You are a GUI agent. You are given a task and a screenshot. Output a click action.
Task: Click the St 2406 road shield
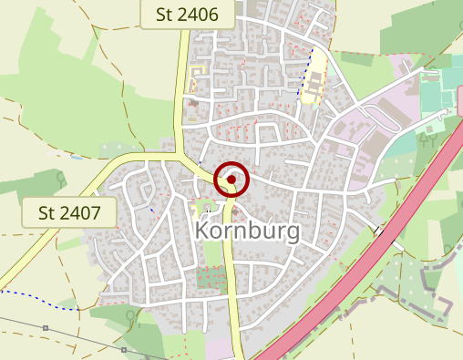(x=188, y=14)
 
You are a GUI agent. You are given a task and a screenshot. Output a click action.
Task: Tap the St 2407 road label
(x=70, y=213)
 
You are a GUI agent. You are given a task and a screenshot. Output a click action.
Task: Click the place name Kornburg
(x=247, y=231)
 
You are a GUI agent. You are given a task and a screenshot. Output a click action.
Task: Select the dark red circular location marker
(x=231, y=180)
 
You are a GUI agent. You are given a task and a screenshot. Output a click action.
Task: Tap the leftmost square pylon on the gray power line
(x=46, y=327)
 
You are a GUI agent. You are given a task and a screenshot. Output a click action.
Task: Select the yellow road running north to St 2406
(x=180, y=91)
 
